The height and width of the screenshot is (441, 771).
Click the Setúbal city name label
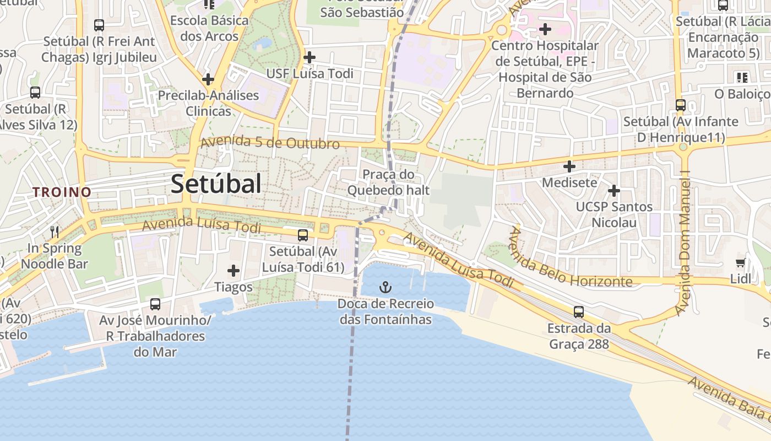click(x=216, y=184)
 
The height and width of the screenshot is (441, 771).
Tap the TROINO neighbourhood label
click(x=62, y=192)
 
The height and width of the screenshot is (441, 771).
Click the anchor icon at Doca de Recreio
click(x=385, y=287)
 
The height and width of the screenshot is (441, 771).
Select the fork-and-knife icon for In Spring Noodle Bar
click(x=55, y=232)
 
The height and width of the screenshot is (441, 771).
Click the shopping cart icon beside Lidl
click(x=741, y=263)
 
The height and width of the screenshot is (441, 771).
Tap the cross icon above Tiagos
click(x=234, y=271)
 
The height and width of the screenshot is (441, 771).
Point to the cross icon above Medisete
click(x=569, y=166)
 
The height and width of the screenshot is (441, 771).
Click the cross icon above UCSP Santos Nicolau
click(x=614, y=191)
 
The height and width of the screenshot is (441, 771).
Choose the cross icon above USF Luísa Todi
click(x=310, y=57)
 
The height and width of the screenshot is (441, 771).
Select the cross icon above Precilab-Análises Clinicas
click(x=208, y=79)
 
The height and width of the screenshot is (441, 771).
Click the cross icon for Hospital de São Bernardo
click(x=545, y=29)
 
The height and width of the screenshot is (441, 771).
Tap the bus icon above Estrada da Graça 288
click(x=578, y=312)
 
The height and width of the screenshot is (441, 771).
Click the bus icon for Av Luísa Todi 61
click(x=302, y=235)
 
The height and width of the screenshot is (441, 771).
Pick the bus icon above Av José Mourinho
click(x=155, y=304)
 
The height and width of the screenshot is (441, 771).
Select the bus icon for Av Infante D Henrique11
click(x=681, y=105)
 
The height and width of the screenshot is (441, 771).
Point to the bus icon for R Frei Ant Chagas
click(x=99, y=25)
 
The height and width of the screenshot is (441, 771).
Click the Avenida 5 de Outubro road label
click(x=270, y=142)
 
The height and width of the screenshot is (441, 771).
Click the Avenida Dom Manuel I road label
click(x=685, y=243)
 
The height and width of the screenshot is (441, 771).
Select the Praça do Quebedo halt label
click(x=388, y=182)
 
